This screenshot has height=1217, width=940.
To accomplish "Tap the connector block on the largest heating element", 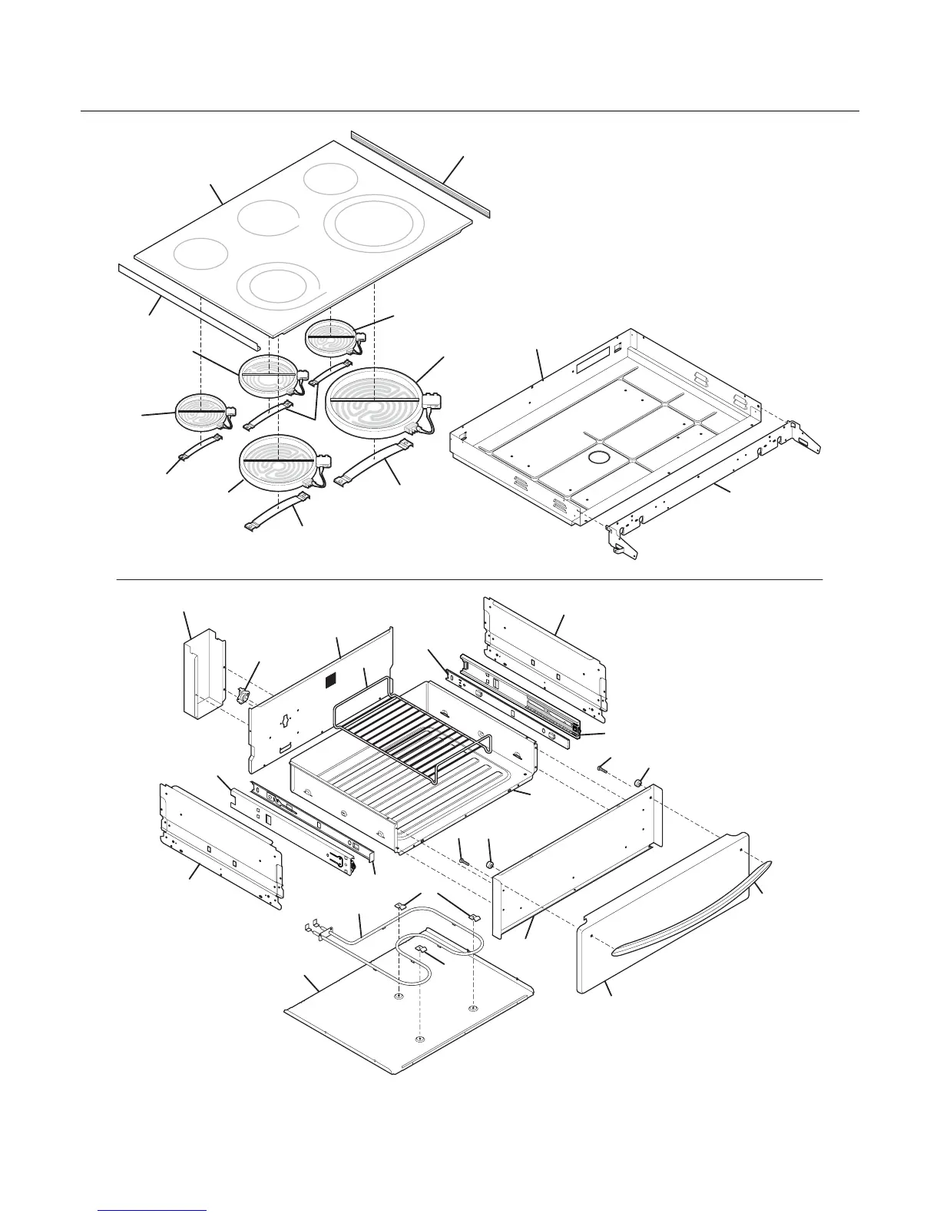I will click(432, 400).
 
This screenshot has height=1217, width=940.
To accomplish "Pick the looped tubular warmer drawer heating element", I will click(430, 933).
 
